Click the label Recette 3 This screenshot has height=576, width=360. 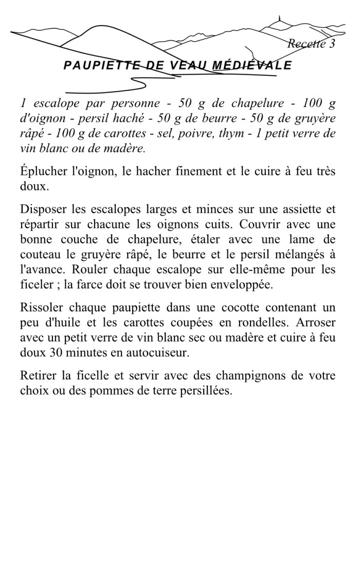(x=311, y=44)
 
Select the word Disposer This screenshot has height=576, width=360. (x=41, y=209)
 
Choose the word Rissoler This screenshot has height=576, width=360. (x=40, y=308)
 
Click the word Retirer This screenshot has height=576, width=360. (x=38, y=375)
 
